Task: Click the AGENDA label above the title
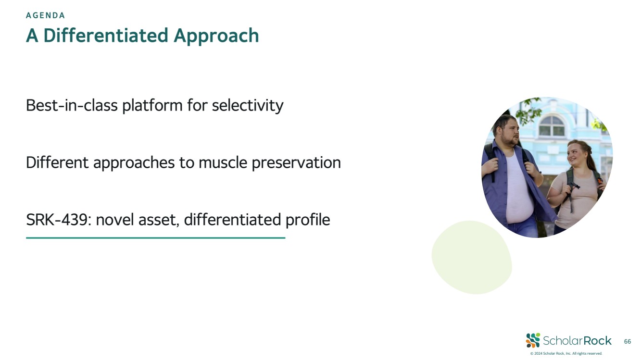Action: coord(45,15)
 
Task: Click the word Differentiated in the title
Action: coord(106,36)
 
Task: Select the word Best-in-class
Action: coord(72,105)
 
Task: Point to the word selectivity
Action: coord(248,106)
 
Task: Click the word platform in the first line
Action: coord(152,106)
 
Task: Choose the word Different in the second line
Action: coord(57,162)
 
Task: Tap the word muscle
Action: coord(223,162)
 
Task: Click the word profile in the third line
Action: coord(308,220)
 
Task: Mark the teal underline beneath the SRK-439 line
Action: coord(156,237)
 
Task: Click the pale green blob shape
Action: coord(472,257)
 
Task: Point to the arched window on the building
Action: coord(552,125)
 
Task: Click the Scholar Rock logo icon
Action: coord(533,340)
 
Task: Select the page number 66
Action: coord(627,341)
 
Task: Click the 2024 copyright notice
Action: coord(566,353)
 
